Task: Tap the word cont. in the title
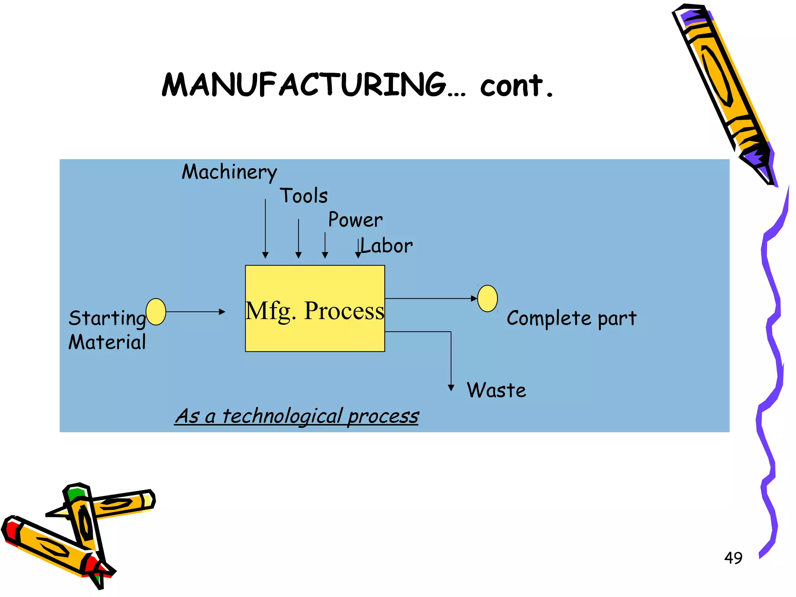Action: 516,86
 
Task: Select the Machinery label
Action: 229,172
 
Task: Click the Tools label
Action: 304,196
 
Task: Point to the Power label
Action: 355,220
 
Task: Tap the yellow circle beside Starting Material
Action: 156,312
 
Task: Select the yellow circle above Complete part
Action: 487,298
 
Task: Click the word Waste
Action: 496,390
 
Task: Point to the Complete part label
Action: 571,318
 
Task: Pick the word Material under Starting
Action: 107,342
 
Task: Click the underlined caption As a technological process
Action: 297,416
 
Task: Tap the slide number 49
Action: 733,558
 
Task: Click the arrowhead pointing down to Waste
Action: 451,388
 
